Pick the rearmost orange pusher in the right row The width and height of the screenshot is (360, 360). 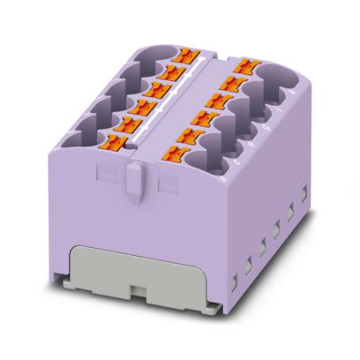click(x=240, y=65)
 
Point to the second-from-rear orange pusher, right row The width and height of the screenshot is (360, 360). click(x=231, y=80)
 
